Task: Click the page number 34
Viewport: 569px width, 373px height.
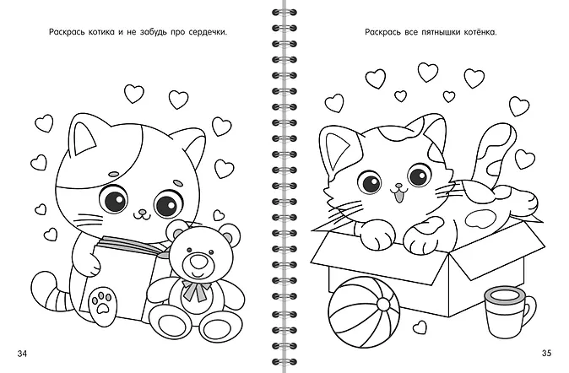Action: pos(23,354)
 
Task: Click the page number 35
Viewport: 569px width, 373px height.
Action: pos(546,353)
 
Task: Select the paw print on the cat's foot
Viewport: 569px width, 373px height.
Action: pos(101,300)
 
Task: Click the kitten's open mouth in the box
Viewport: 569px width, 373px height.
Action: pos(399,197)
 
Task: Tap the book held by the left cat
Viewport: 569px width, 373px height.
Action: pos(123,277)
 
